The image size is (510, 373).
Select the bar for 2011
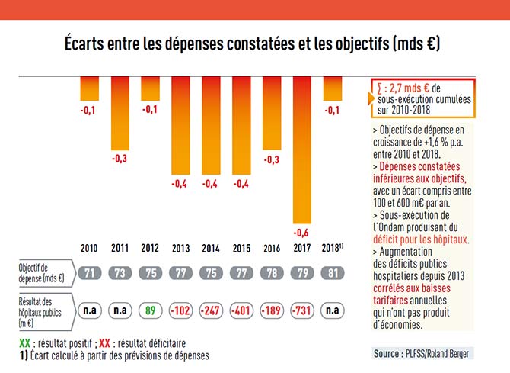coord(120,114)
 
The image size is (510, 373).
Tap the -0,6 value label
coord(302,232)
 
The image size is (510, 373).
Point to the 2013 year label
coord(180,249)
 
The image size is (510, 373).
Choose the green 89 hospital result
coord(150,310)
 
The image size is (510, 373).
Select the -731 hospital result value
coord(302,310)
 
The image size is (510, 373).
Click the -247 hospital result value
coord(211,310)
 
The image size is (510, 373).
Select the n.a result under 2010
coord(89,310)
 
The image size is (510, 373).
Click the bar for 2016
coord(272,114)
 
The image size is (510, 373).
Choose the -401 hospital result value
coord(241,310)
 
